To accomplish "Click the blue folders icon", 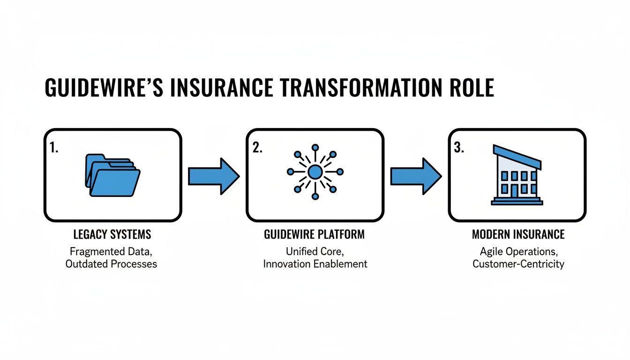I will click(x=112, y=176).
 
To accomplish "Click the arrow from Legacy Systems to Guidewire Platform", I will click(x=213, y=176).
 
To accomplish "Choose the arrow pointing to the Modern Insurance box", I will click(x=416, y=176).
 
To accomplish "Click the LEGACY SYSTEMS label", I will click(x=112, y=234).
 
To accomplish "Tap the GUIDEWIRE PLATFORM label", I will click(x=315, y=234).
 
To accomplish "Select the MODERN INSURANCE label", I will click(x=518, y=234).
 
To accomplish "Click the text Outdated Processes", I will click(x=111, y=263).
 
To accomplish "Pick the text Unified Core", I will click(x=315, y=251).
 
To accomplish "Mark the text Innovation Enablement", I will click(x=315, y=263).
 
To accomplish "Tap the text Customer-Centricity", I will click(x=518, y=263).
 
